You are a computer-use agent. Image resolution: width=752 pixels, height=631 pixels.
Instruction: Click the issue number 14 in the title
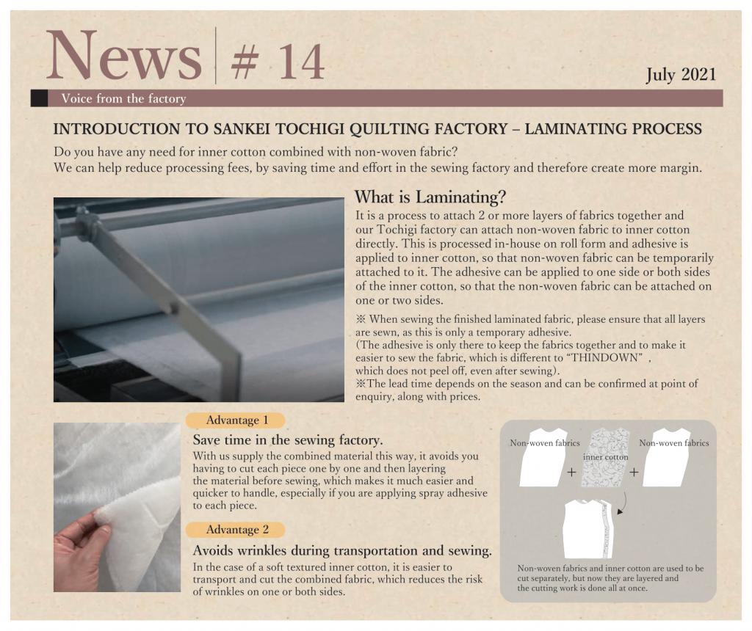(301, 62)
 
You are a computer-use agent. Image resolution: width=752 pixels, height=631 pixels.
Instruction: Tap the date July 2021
(681, 75)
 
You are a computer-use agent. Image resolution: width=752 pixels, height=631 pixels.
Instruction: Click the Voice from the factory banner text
(123, 99)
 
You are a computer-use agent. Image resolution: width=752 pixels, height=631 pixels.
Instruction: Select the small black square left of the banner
(39, 98)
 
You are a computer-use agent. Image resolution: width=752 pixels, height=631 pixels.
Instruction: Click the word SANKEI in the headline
(241, 129)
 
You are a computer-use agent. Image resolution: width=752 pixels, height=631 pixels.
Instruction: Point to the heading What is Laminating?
(430, 197)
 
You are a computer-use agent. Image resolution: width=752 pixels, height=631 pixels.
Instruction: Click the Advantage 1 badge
(236, 420)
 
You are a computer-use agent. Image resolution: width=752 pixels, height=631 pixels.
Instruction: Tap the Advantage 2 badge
(236, 530)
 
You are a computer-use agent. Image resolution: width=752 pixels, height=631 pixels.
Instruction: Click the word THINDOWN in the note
(606, 357)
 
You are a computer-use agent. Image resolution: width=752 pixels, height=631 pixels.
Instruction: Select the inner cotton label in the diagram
(605, 457)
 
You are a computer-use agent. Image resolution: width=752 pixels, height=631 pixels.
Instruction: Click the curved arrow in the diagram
(623, 504)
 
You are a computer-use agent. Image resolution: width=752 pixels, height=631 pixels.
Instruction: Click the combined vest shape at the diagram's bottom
(588, 530)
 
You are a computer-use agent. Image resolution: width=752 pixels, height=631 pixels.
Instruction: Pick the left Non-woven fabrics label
(545, 443)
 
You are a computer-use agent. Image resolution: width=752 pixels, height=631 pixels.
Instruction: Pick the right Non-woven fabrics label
(674, 443)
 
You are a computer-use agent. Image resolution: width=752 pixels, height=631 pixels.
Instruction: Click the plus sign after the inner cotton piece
(634, 473)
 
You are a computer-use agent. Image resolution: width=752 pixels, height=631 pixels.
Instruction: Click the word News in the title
(124, 55)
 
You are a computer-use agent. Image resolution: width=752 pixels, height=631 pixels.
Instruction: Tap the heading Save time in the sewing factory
(288, 439)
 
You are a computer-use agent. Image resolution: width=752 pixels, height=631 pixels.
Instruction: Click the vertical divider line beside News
(216, 56)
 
